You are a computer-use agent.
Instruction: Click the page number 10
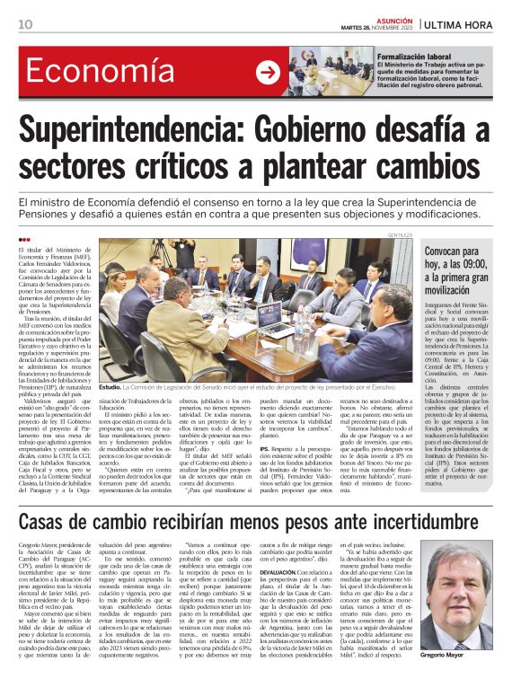click(x=25, y=23)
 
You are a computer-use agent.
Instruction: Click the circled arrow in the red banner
click(x=268, y=74)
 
